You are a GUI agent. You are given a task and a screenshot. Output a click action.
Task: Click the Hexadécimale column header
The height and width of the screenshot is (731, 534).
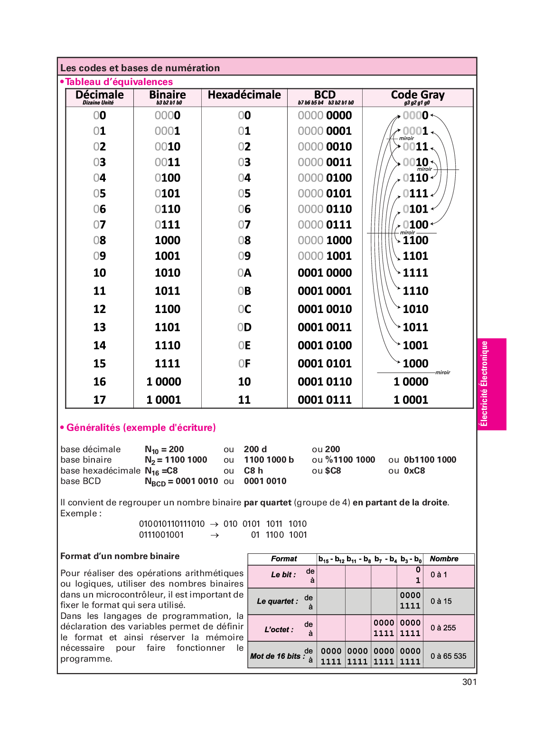[x=244, y=95]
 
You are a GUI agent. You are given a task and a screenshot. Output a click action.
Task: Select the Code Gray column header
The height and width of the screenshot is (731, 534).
[x=418, y=95]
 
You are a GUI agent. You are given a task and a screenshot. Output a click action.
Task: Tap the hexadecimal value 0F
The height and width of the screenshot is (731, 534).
[x=244, y=364]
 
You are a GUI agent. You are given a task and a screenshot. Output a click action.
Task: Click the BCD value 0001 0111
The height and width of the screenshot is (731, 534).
[x=325, y=400]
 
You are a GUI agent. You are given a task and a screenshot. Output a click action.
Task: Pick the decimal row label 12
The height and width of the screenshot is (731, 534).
[x=100, y=309]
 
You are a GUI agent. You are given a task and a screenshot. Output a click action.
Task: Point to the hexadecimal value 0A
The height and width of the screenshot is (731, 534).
[x=244, y=273]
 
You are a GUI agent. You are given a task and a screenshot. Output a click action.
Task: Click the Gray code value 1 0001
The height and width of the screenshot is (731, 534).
[x=411, y=400]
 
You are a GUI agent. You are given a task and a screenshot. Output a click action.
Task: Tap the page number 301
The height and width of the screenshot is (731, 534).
[x=469, y=682]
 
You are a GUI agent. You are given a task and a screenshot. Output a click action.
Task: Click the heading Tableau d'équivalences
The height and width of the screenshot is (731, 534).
[x=119, y=82]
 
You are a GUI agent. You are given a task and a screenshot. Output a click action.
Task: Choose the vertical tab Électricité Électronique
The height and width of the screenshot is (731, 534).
[x=484, y=384]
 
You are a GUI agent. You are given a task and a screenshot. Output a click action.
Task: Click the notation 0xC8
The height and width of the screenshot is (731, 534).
[x=414, y=471]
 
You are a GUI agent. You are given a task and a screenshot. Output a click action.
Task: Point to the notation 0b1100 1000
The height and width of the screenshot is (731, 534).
[x=430, y=460]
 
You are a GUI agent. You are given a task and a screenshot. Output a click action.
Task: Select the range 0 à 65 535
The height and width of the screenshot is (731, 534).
[x=448, y=656]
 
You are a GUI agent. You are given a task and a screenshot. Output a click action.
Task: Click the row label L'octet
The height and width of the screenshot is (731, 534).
[x=279, y=629]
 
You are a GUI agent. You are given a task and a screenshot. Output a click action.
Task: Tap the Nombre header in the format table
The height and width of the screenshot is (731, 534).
[x=444, y=559]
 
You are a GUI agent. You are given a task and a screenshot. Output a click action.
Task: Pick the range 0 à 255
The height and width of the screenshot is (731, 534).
[x=443, y=628]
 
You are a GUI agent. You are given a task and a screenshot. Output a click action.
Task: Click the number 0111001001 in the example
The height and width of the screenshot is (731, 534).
[x=161, y=535]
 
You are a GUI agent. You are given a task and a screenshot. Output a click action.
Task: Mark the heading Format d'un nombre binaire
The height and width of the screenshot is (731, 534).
[x=120, y=556]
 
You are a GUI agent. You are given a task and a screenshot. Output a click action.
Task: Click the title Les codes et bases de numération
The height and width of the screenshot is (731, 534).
[x=140, y=68]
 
